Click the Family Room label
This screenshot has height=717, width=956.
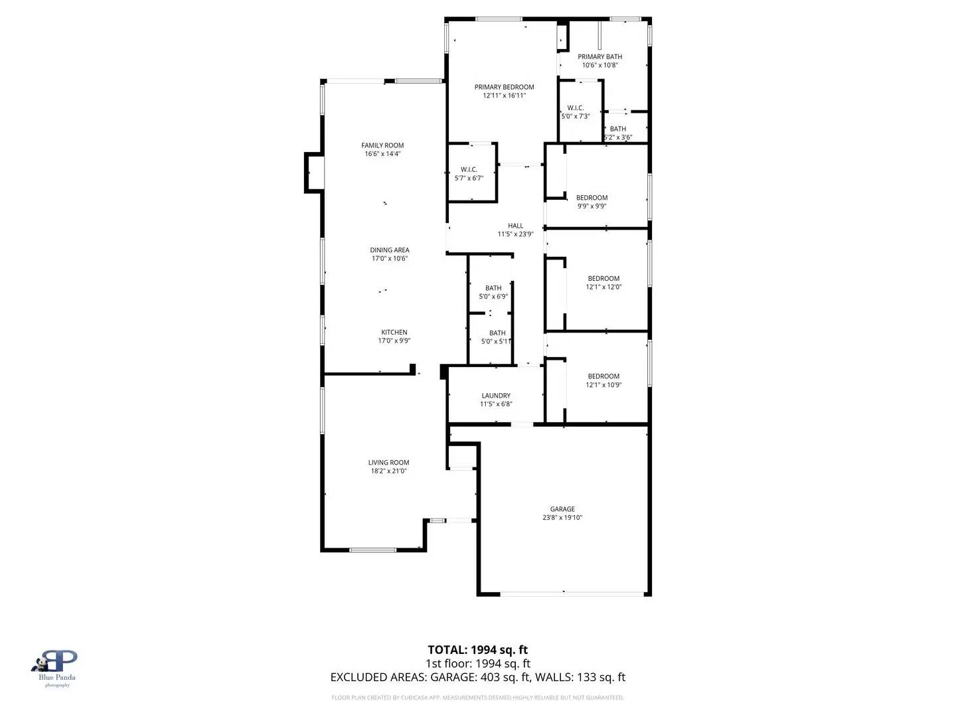382,145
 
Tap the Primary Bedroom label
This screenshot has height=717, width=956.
504,87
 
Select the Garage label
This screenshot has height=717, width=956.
562,509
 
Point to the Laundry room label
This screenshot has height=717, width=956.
496,396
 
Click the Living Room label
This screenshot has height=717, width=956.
388,463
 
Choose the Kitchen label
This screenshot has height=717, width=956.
394,333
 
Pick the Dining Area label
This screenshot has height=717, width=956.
390,250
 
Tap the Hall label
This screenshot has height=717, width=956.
515,226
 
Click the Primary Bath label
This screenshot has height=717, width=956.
599,57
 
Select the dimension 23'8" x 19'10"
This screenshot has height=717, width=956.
562,518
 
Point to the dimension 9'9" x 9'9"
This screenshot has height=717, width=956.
592,206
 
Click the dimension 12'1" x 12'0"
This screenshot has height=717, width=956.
603,287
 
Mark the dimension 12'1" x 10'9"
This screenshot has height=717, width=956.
603,385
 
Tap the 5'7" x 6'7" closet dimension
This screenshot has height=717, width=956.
469,178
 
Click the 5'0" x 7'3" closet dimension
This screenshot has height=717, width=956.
575,116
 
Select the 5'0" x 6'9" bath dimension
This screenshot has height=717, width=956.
493,297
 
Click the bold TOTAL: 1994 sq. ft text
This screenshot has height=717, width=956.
477,650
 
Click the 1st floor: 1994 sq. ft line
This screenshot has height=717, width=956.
477,663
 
